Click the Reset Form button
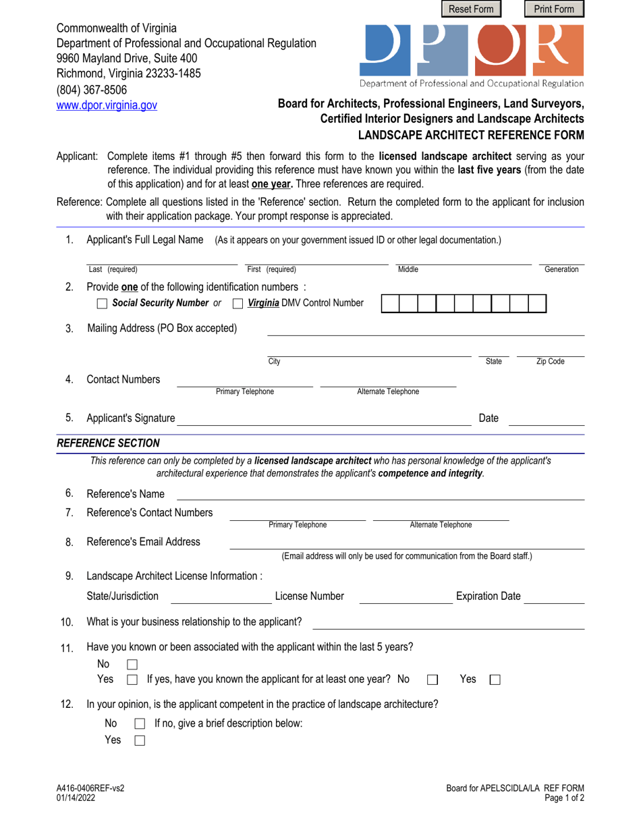[x=472, y=9]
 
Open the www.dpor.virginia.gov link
[x=106, y=105]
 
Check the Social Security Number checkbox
[x=102, y=304]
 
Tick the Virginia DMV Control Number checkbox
[x=238, y=304]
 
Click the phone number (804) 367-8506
[x=91, y=90]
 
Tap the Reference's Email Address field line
[x=407, y=544]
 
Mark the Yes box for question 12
[x=140, y=741]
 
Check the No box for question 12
[x=140, y=724]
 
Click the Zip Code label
[x=550, y=362]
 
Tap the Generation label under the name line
[x=561, y=269]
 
